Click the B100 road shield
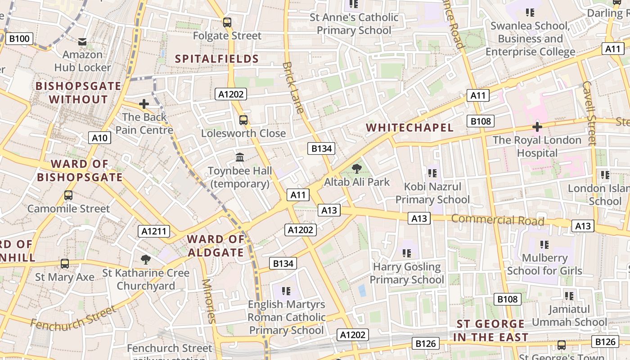tap(19, 39)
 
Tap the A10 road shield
tap(99, 138)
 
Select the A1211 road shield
tap(154, 231)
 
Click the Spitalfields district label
tap(217, 59)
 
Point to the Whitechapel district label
tap(409, 128)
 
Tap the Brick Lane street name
tap(293, 88)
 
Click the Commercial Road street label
tap(498, 220)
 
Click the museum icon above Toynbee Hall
tap(240, 158)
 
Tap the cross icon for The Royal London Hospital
tap(537, 127)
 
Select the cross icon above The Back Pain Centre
tap(144, 104)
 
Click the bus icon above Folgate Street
tap(227, 22)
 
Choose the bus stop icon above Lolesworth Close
tap(243, 120)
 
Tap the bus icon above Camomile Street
tap(68, 195)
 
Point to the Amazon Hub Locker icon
tap(82, 42)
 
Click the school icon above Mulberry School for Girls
tap(544, 245)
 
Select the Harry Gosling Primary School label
tap(407, 273)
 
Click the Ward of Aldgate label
tap(216, 246)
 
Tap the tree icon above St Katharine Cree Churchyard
tap(145, 260)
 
